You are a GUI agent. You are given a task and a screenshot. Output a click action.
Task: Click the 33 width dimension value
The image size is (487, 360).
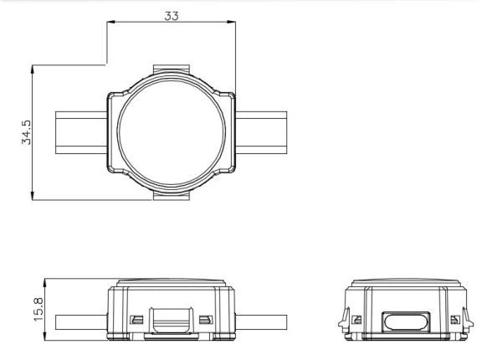coord(172,16)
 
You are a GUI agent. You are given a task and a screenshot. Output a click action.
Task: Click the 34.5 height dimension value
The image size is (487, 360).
coord(26,133)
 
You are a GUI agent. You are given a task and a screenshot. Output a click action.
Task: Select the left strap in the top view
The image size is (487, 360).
coord(81,132)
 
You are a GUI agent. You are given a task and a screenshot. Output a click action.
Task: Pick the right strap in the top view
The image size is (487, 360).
coord(261,132)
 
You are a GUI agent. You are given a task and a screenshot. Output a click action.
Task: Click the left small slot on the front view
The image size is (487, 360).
coord(136,320)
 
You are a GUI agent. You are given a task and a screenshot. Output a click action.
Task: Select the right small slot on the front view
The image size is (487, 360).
coord(204,320)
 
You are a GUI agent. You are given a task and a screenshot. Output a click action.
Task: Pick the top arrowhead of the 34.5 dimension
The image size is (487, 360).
coord(33,67)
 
